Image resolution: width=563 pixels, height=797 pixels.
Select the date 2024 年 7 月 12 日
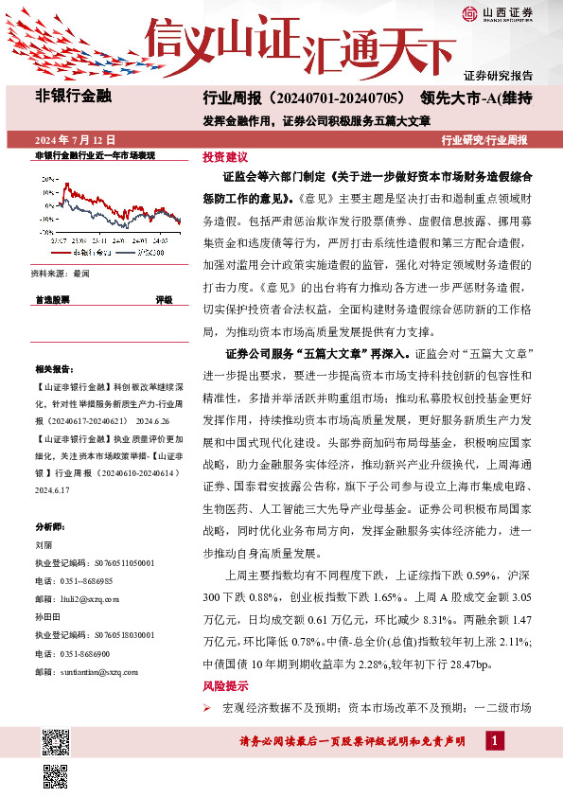pyautogui.click(x=67, y=140)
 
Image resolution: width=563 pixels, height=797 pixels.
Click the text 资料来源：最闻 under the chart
pyautogui.click(x=60, y=273)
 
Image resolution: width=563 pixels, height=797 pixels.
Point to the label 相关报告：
pyautogui.click(x=54, y=368)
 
